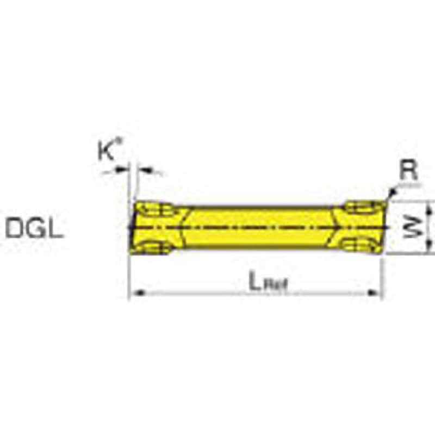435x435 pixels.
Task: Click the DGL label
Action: [35, 228]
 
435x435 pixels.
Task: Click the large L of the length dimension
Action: [254, 281]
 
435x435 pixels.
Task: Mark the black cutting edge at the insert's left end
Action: [133, 228]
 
